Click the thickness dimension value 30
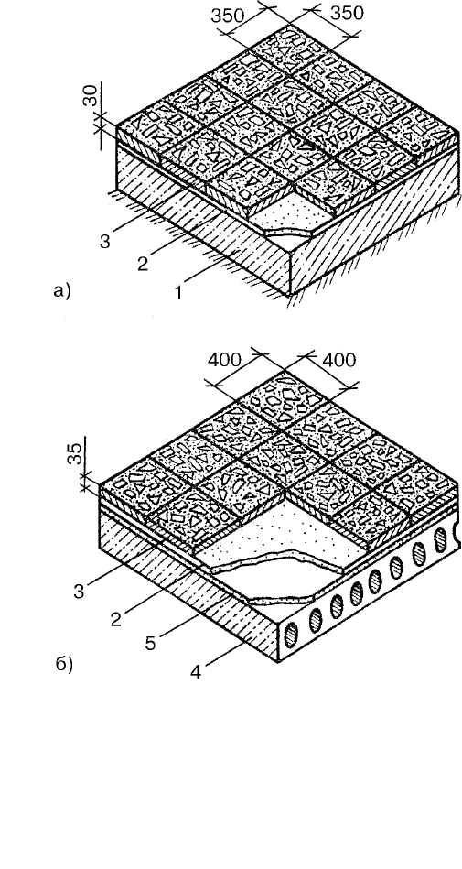(x=92, y=94)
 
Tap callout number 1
(x=178, y=293)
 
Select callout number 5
(x=150, y=643)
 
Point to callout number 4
(x=196, y=672)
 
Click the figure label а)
(x=62, y=290)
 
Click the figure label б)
(x=64, y=665)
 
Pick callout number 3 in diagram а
(x=104, y=242)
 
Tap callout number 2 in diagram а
(x=143, y=264)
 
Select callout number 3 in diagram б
(x=79, y=592)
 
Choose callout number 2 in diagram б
(x=115, y=618)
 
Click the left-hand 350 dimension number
(x=227, y=16)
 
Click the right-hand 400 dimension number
(x=338, y=360)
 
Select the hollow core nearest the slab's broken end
(x=440, y=538)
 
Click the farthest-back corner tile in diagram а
(x=284, y=43)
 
